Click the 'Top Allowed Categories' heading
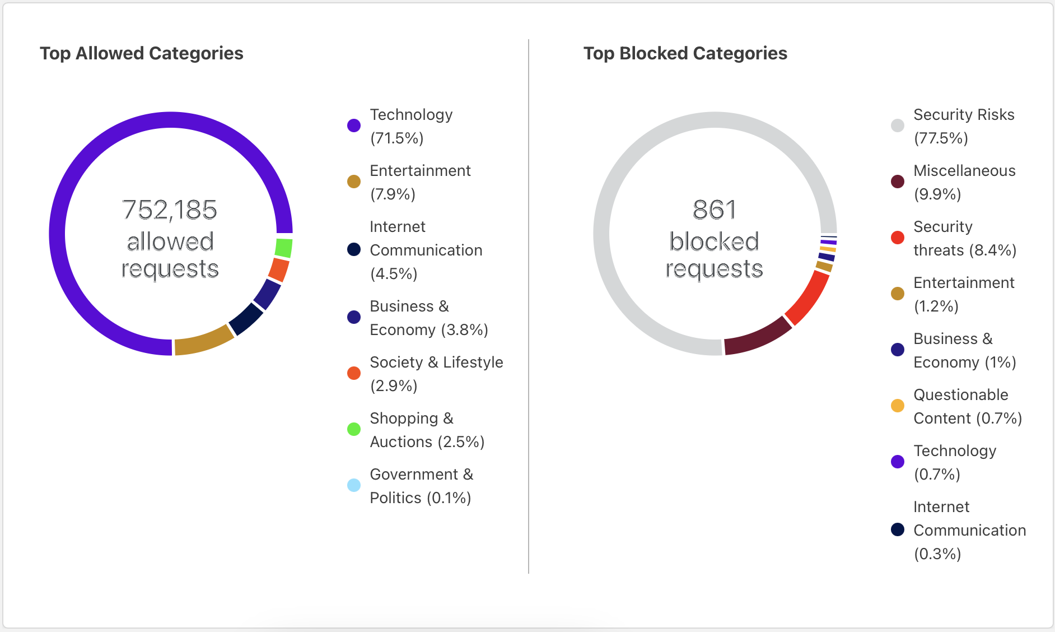(141, 53)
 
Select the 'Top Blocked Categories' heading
(685, 53)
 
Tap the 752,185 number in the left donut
(170, 210)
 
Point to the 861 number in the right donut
(714, 210)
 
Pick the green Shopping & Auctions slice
(284, 248)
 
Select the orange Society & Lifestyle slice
(279, 270)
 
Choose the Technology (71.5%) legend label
(411, 126)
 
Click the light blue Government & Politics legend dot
(354, 485)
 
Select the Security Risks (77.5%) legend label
(963, 126)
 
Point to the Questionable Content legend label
(967, 406)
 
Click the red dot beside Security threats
(898, 238)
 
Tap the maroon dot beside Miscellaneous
(898, 182)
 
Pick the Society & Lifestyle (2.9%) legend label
(436, 374)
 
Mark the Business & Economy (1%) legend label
(964, 350)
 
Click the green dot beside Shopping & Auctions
(354, 429)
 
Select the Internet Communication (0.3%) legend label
(969, 530)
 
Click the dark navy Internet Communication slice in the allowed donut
(246, 319)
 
